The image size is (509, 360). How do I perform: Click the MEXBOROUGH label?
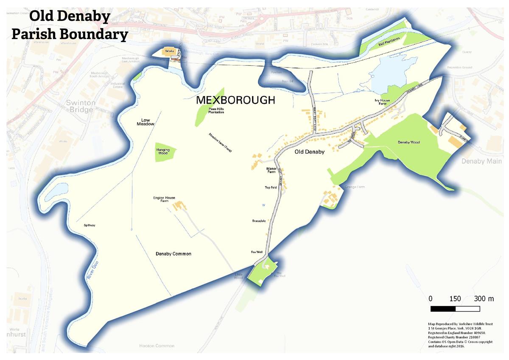pos(235,101)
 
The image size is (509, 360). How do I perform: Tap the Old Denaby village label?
pos(310,152)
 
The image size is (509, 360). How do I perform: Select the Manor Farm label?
pos(271,171)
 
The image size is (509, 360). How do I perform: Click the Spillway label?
pos(89,225)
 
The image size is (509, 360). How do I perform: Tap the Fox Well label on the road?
pos(257,252)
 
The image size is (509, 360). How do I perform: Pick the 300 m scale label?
pos(484,299)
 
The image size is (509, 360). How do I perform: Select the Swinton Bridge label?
pos(79,106)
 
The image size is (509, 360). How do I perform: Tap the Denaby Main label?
pos(481,161)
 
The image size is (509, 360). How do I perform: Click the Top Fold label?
pos(271,188)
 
